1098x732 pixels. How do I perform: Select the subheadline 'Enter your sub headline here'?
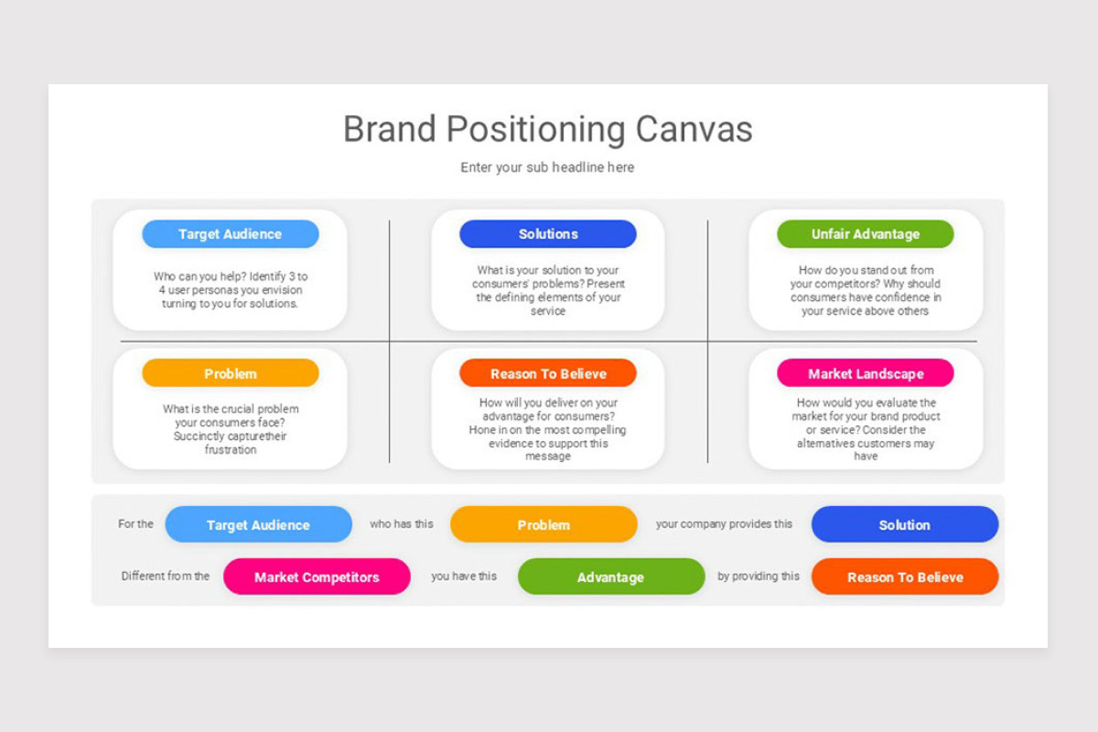pos(547,167)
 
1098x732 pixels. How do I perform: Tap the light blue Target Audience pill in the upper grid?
pos(230,234)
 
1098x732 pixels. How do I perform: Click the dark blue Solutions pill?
pos(547,234)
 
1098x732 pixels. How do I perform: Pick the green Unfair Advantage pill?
pos(865,234)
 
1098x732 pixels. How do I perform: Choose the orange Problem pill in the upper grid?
pos(230,373)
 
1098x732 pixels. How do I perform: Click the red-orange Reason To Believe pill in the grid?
pos(547,373)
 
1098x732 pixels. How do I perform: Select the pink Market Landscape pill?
pos(865,373)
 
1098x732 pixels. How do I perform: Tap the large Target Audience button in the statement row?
pos(258,525)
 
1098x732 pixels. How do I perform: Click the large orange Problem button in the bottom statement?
pos(544,525)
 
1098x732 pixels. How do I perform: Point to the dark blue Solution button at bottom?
pos(904,525)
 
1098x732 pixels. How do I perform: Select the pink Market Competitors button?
pos(317,577)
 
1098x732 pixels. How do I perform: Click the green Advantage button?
pos(610,577)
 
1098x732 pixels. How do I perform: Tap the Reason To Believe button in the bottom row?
pos(904,577)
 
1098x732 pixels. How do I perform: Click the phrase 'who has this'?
pos(402,524)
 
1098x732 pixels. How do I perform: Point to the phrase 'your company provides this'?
pos(724,524)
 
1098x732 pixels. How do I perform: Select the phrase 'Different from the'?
pos(166,576)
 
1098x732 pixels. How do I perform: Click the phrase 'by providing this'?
pos(759,576)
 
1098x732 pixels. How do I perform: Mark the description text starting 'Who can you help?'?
pos(230,290)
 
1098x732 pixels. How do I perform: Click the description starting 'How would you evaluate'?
pos(866,429)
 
